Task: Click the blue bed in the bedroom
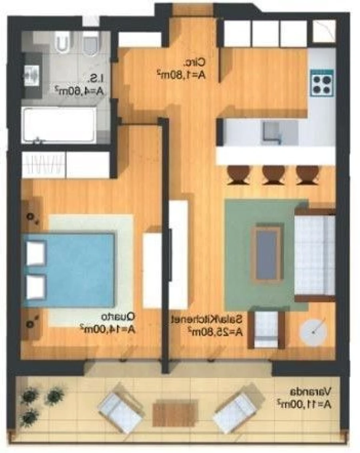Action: pyautogui.click(x=70, y=270)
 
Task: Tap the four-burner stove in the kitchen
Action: pyautogui.click(x=322, y=83)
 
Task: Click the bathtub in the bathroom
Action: pyautogui.click(x=59, y=124)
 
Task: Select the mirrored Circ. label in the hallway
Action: pyautogui.click(x=195, y=62)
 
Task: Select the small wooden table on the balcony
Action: pyautogui.click(x=176, y=412)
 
